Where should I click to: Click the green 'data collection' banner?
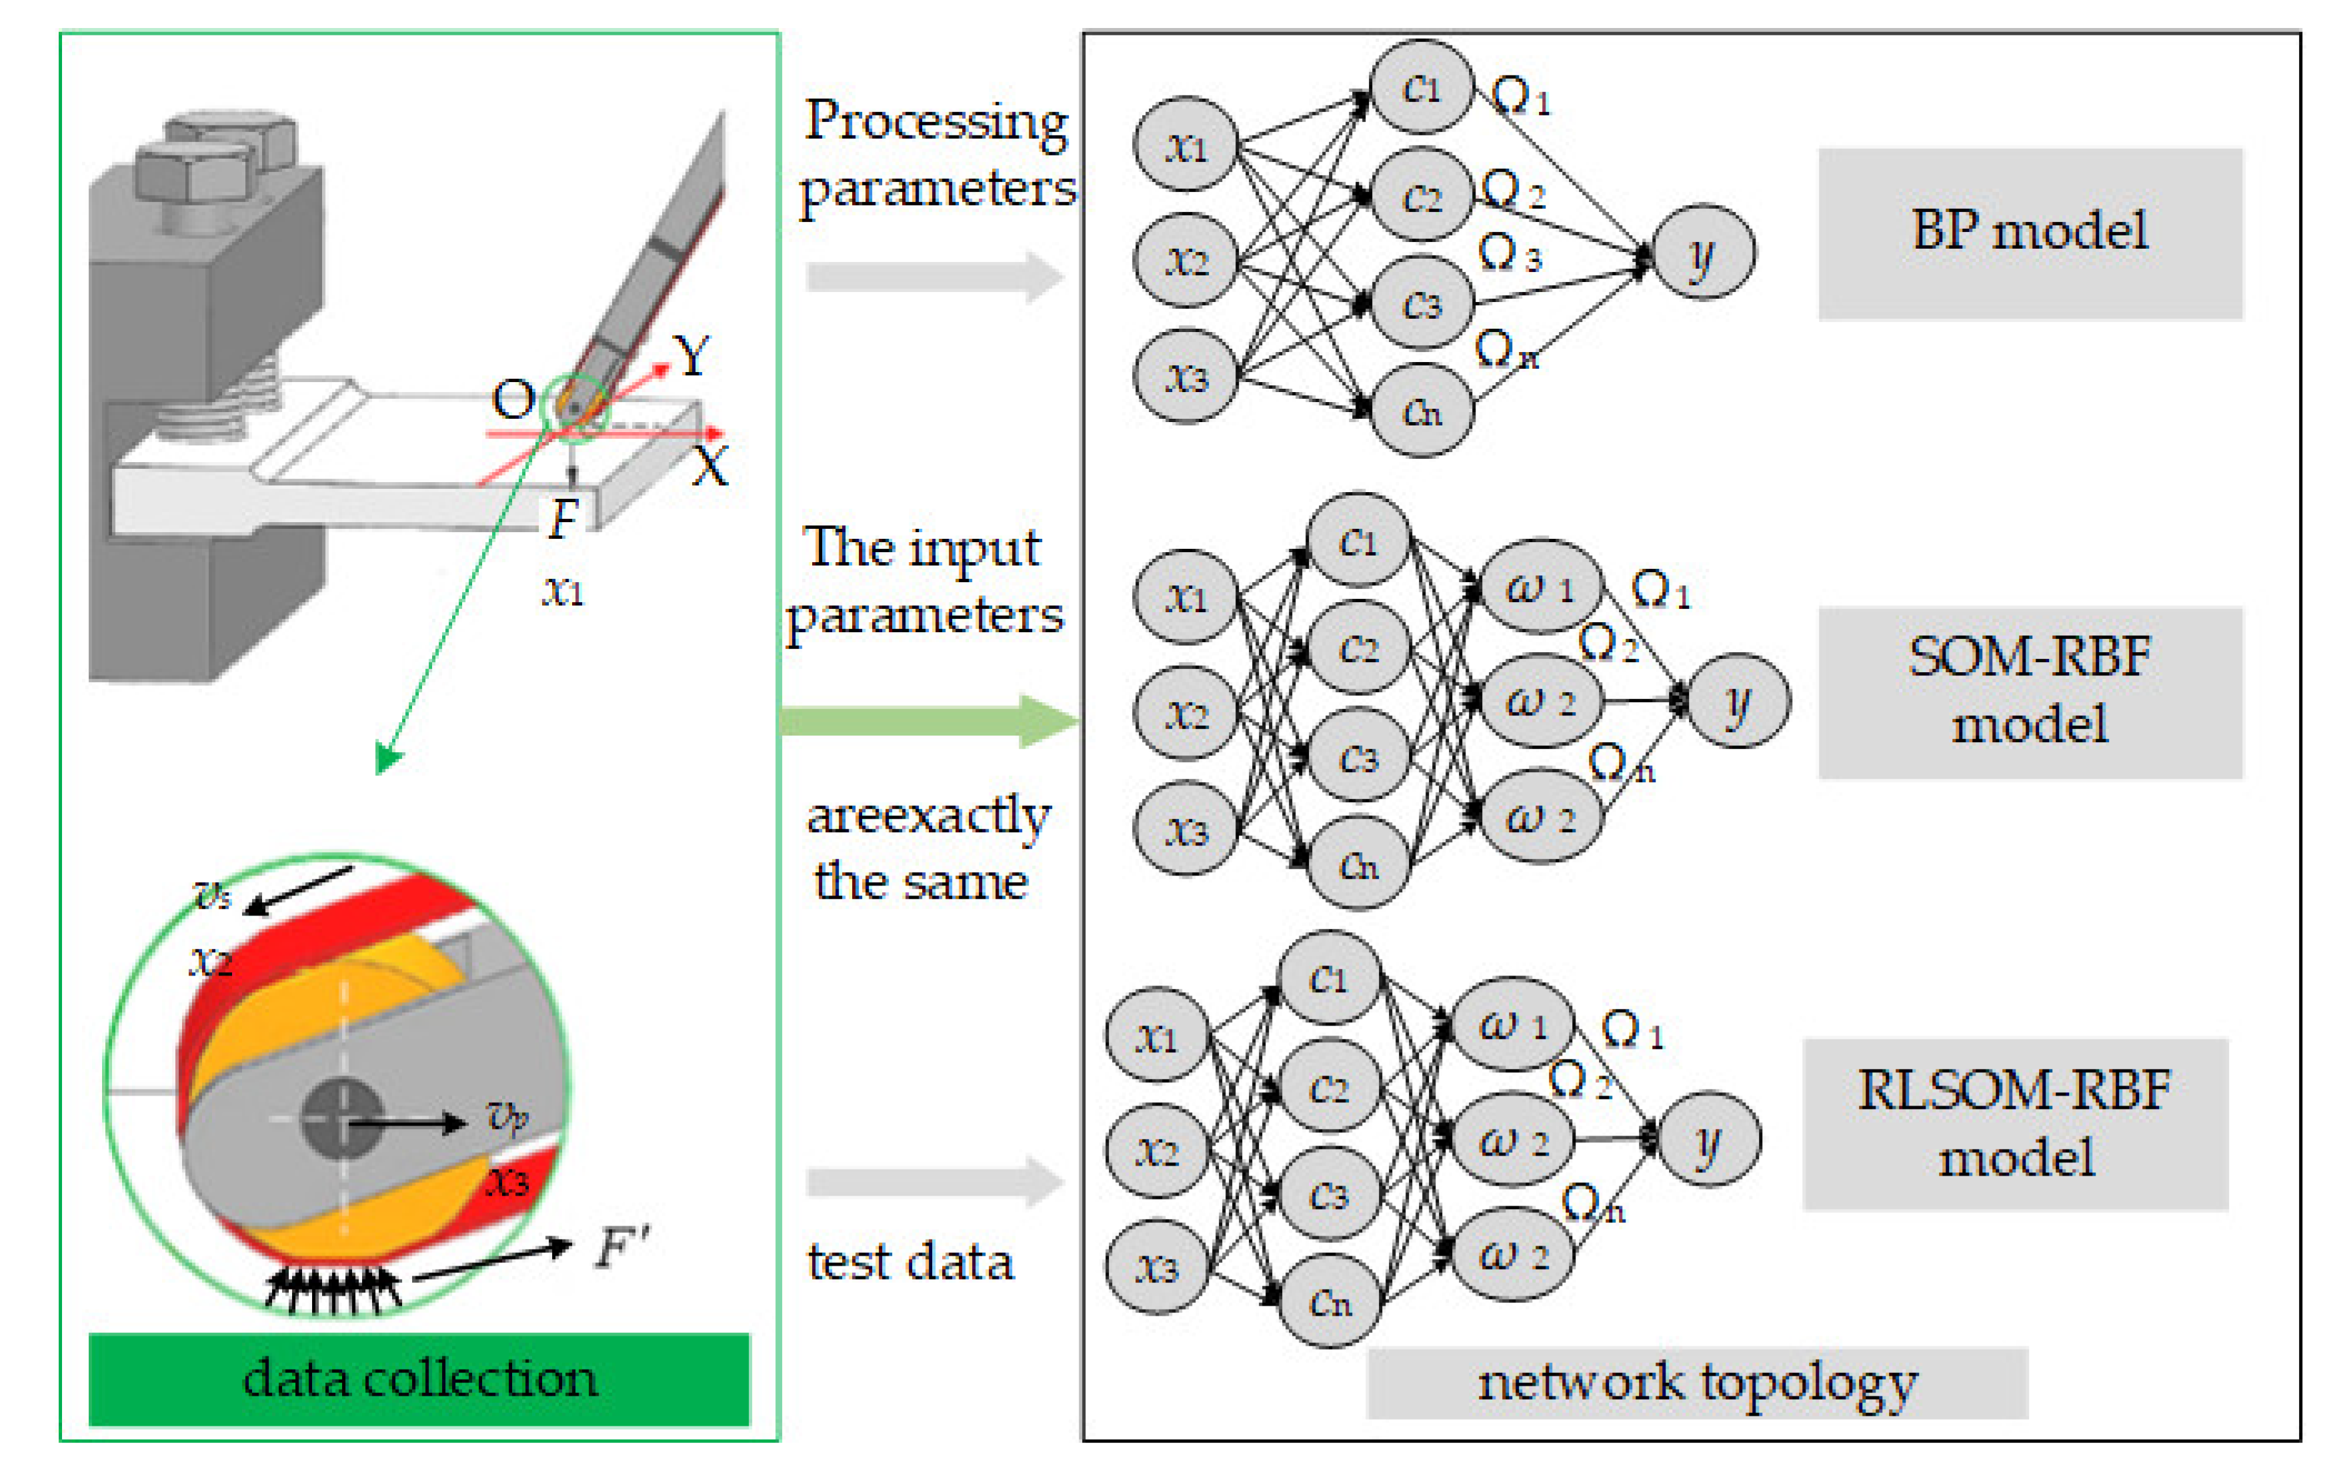[419, 1378]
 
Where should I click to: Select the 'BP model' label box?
[2030, 233]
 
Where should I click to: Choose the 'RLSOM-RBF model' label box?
[2015, 1124]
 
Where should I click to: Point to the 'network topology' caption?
[1697, 1382]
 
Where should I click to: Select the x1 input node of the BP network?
[1185, 145]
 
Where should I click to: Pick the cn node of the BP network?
[1422, 410]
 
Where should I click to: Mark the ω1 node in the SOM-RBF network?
[1540, 586]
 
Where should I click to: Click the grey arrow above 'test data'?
[935, 1182]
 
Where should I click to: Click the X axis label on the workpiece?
[710, 466]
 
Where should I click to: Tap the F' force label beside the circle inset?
[621, 1246]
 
